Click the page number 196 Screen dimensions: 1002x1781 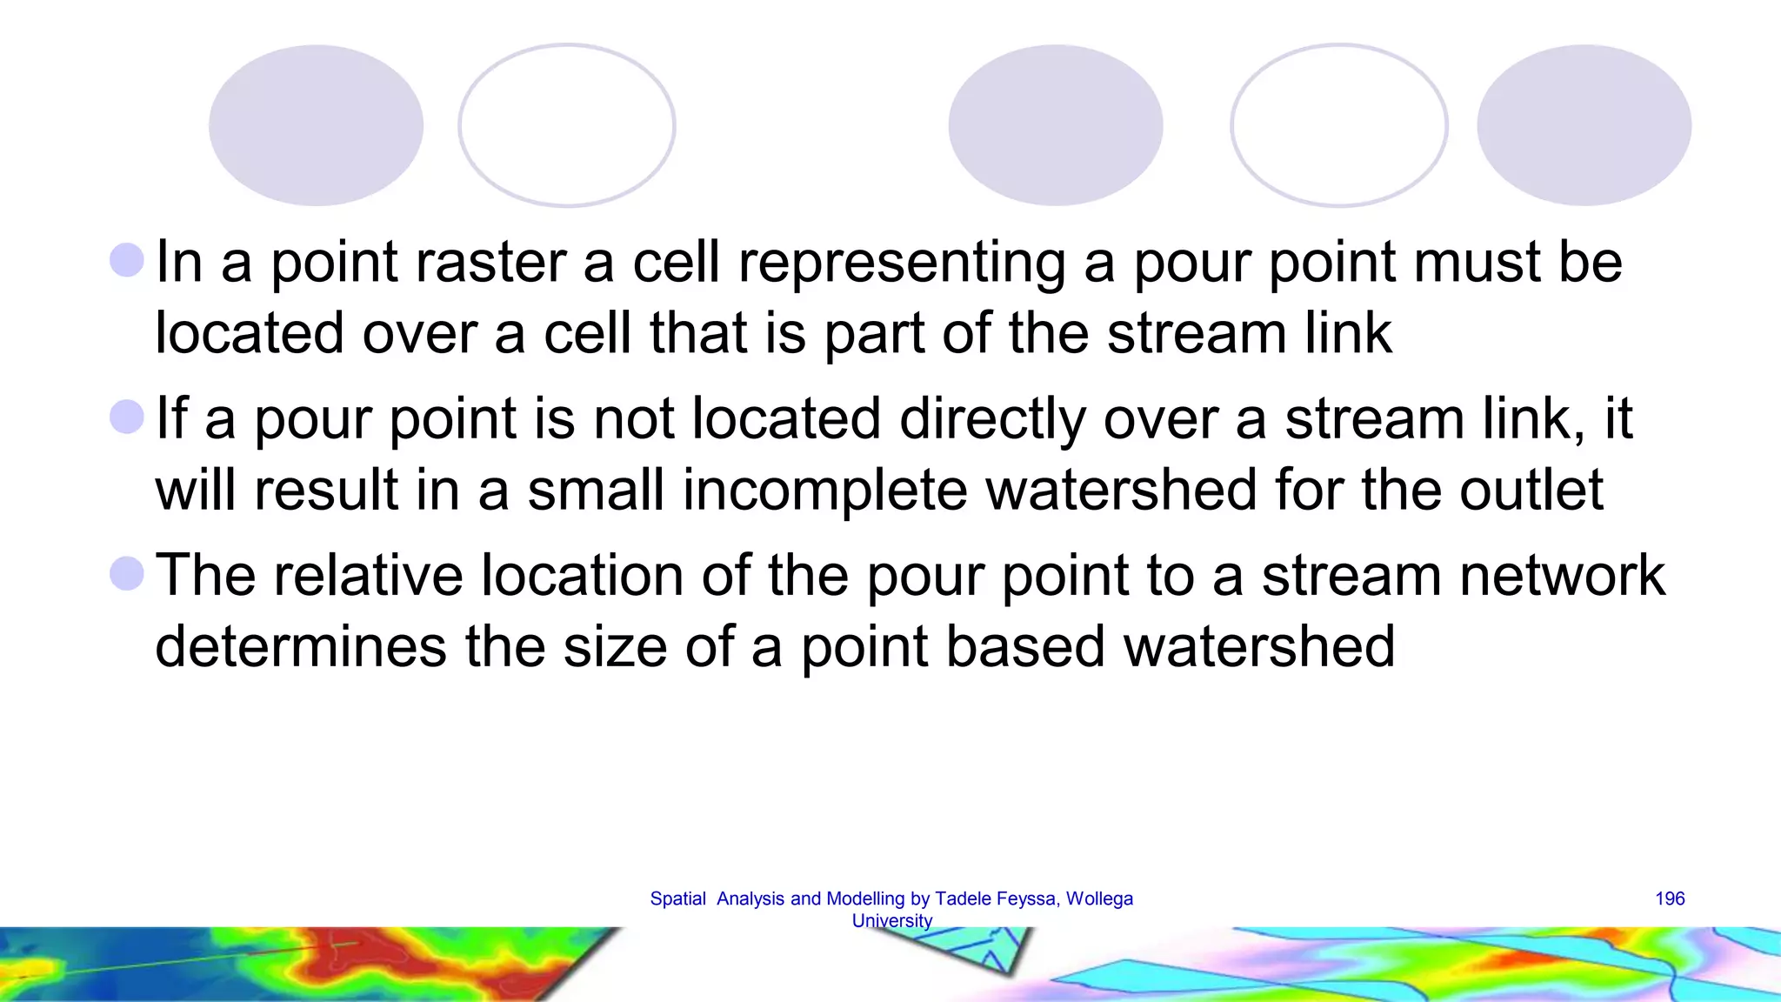click(1670, 898)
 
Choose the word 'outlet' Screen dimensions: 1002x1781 click(1531, 490)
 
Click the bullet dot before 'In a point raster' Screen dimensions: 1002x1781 click(127, 260)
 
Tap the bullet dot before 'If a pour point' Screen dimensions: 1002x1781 click(127, 417)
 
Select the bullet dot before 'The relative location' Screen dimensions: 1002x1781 click(127, 574)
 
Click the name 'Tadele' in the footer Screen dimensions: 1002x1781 click(961, 898)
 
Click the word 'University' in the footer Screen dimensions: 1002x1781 click(891, 920)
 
